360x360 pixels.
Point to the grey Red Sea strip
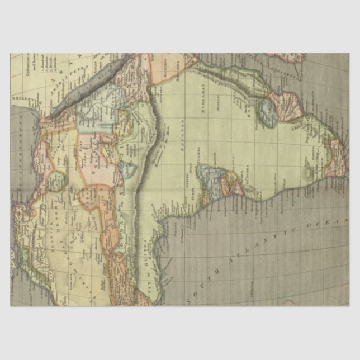tap(84, 89)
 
